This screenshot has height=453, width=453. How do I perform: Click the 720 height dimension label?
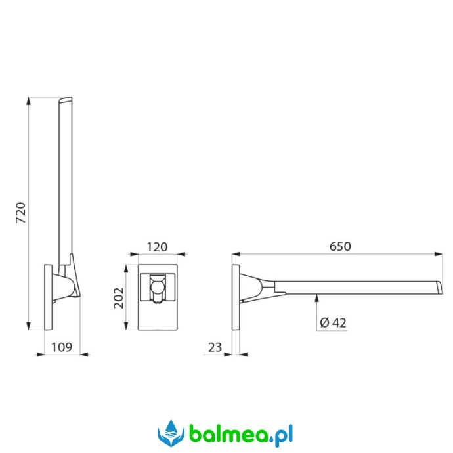(x=20, y=213)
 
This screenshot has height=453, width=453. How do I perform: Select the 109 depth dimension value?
(x=62, y=347)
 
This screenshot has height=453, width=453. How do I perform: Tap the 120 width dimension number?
(x=157, y=248)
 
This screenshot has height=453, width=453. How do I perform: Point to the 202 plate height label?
(x=118, y=298)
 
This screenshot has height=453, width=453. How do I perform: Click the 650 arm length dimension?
(x=340, y=246)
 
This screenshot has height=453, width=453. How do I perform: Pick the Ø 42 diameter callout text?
(x=333, y=323)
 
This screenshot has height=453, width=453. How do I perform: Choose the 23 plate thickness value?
(x=215, y=347)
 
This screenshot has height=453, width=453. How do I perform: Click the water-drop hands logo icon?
(x=171, y=433)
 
